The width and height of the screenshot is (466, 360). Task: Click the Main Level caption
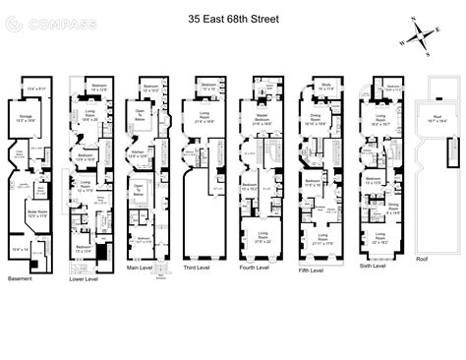pos(146,266)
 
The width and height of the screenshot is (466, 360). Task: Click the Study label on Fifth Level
pos(325,86)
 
